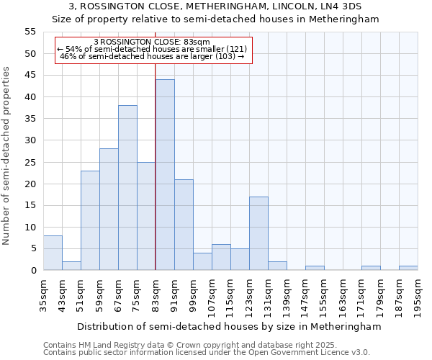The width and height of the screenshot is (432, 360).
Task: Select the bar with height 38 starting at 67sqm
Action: click(127, 188)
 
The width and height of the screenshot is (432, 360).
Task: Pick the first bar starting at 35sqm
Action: click(53, 253)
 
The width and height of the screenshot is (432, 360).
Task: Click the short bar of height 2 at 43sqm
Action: click(71, 266)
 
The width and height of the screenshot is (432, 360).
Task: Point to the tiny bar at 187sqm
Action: click(408, 268)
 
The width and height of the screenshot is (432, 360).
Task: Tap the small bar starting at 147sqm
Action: click(315, 268)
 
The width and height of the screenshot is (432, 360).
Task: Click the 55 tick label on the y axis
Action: click(30, 32)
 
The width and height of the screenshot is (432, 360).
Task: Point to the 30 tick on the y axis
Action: click(30, 140)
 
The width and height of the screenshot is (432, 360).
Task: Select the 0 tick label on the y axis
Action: click(32, 271)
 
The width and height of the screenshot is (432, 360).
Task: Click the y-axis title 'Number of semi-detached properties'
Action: click(7, 156)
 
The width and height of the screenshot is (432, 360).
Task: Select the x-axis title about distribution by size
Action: click(228, 326)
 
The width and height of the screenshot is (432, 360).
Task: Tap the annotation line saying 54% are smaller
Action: click(152, 49)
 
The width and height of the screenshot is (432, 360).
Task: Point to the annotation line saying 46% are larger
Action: click(152, 56)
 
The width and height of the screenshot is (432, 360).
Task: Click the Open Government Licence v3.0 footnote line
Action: click(207, 352)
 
